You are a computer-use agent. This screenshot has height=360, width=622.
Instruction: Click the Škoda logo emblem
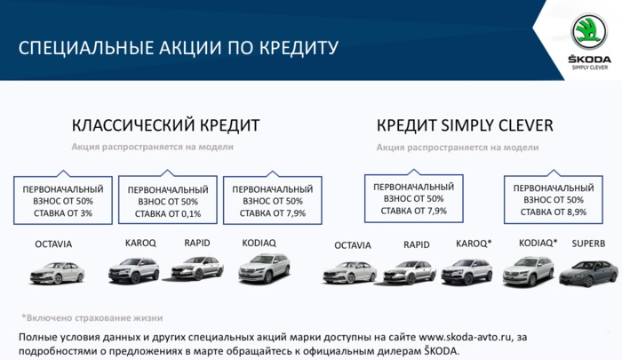coord(589,32)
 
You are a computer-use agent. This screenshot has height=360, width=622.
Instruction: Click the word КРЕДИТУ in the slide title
coord(299,48)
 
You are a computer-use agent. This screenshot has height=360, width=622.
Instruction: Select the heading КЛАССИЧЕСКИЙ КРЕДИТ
coord(166,125)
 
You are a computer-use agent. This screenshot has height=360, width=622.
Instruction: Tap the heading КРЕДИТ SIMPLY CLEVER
coord(465,125)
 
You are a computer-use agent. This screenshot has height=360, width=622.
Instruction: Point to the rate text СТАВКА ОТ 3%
coord(63,213)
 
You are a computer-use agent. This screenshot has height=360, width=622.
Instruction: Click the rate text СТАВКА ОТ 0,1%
coord(168,214)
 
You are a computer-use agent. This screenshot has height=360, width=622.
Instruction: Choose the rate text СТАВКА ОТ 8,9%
coord(554,212)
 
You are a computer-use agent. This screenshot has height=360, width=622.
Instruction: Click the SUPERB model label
coord(588,244)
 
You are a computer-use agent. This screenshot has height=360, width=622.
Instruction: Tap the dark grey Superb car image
coord(588,273)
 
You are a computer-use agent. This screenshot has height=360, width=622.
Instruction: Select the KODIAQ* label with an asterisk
coord(538,243)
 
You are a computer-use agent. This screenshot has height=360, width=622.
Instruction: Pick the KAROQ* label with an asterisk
coord(474,244)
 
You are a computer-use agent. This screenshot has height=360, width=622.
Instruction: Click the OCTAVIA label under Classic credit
coord(53,244)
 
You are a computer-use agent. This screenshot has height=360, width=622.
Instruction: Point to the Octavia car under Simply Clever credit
coord(350,272)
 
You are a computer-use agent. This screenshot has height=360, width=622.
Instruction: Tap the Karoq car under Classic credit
coord(133,270)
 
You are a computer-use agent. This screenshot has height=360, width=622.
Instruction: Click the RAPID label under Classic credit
coord(197,243)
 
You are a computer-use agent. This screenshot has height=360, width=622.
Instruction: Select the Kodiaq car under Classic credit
coord(264,268)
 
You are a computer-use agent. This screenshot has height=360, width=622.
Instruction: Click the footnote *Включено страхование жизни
coord(92,318)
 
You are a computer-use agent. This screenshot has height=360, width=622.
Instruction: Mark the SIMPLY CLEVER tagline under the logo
coord(589,68)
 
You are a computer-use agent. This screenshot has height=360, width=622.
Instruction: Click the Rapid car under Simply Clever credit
coord(410,272)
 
